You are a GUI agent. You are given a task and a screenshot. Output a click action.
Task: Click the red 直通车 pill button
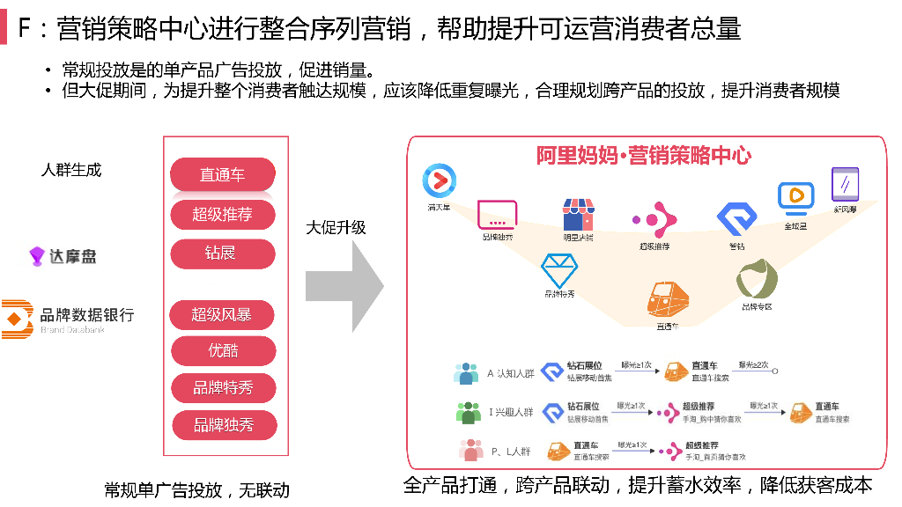(x=222, y=174)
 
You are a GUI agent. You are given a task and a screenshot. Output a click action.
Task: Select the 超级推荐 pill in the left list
(x=222, y=214)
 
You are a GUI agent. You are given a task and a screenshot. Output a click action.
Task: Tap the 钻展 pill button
(x=222, y=253)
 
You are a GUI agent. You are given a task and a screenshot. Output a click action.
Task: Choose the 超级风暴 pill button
(x=222, y=314)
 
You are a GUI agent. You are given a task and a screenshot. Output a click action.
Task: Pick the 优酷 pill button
(x=222, y=350)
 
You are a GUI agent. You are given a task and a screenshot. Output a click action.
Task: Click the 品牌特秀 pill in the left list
(x=223, y=387)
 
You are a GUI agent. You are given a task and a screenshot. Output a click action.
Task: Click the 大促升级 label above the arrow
(x=336, y=228)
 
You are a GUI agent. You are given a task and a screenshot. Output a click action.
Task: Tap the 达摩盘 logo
(x=63, y=256)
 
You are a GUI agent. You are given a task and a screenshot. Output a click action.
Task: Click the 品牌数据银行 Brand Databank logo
(x=69, y=318)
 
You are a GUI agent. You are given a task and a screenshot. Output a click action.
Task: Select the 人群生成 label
(x=71, y=170)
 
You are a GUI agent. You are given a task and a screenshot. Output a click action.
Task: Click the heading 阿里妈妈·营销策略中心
(x=644, y=156)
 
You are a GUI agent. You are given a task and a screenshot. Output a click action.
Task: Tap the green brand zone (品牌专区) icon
(x=757, y=280)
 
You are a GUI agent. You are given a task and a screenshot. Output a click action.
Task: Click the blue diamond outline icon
(x=558, y=268)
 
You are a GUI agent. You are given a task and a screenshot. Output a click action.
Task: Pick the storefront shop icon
(x=578, y=215)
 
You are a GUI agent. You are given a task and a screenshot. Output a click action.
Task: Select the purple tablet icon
(x=845, y=185)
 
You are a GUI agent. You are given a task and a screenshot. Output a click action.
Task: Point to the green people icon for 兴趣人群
(x=468, y=412)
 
